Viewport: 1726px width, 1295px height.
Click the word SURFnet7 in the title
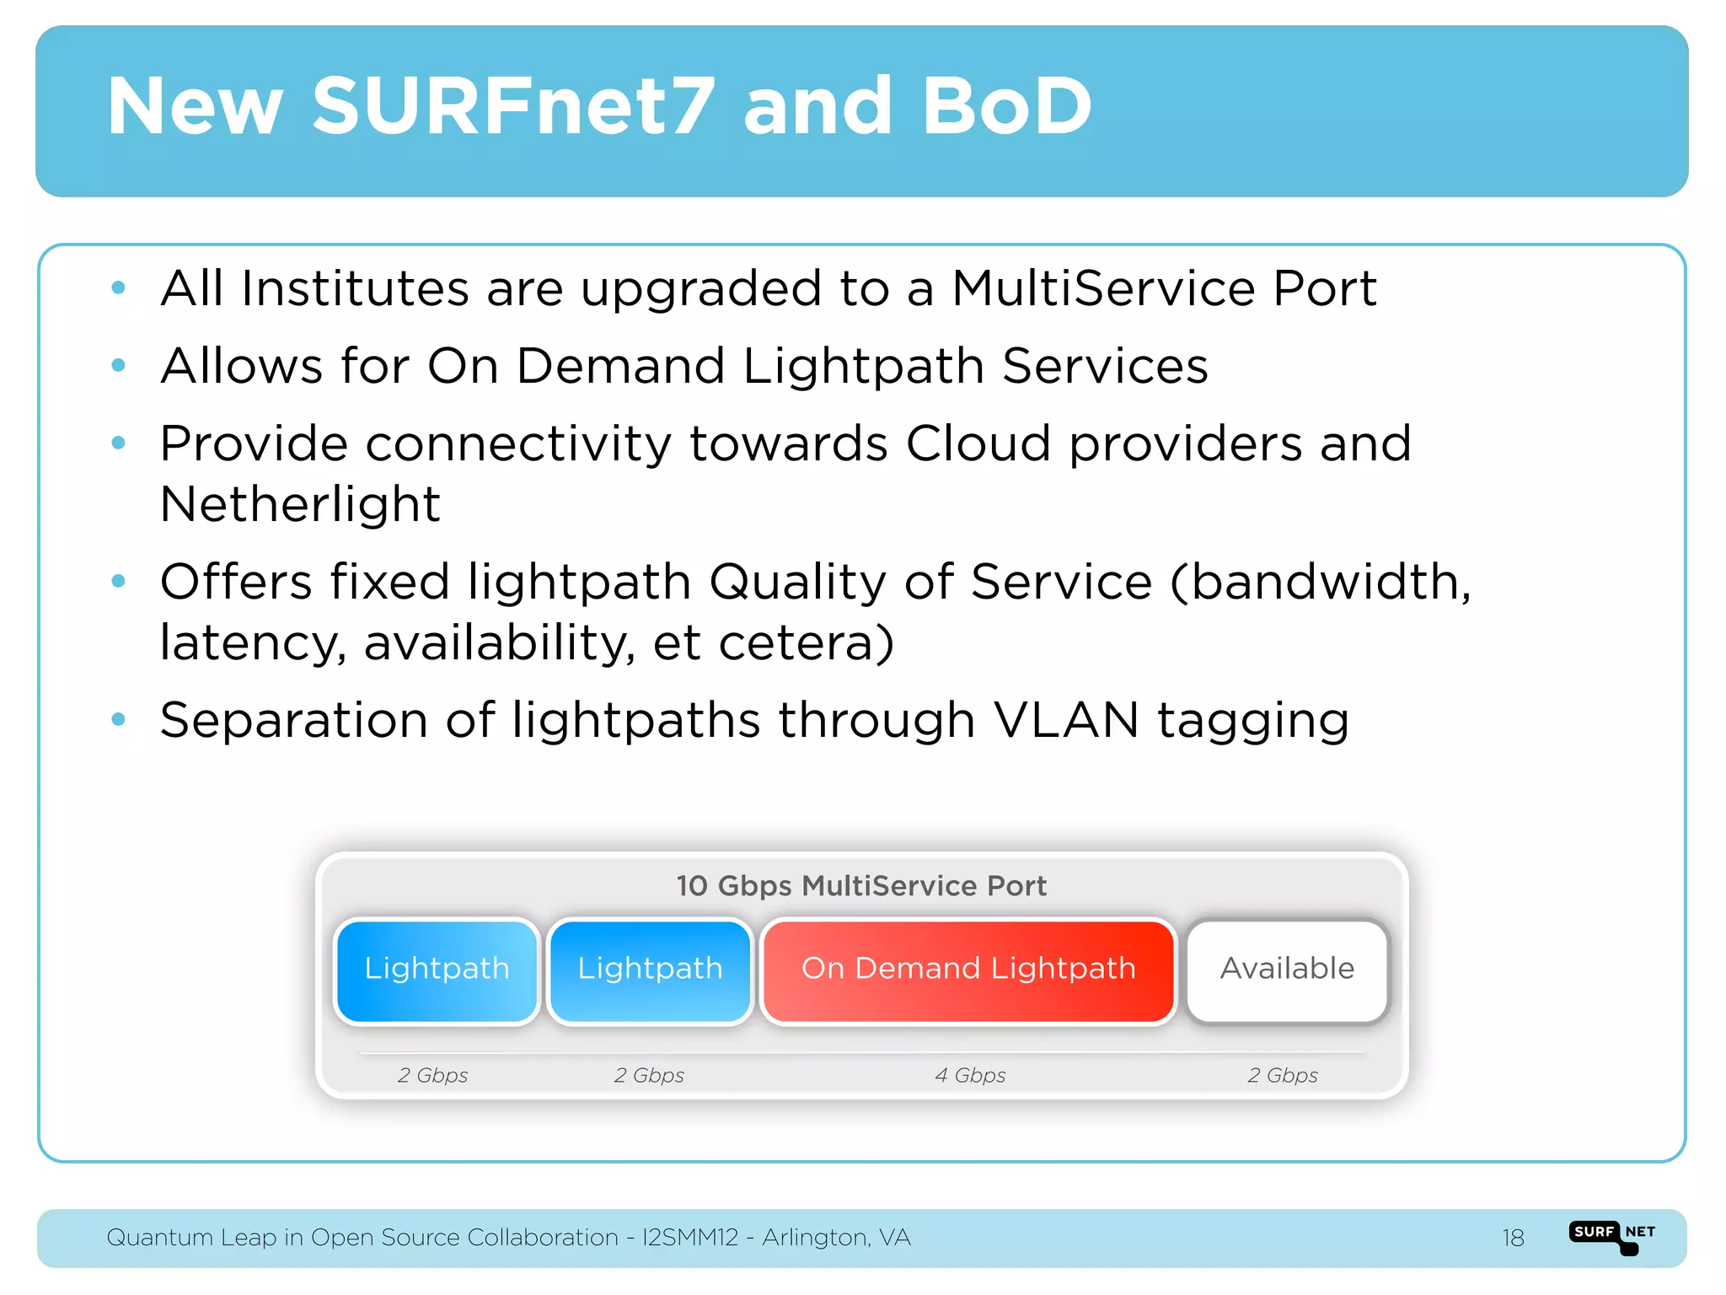pyautogui.click(x=513, y=106)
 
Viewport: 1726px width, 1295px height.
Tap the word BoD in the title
pyautogui.click(x=1006, y=106)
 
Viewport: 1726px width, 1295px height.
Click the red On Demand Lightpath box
pyautogui.click(x=968, y=969)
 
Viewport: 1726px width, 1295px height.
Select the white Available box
pyautogui.click(x=1287, y=969)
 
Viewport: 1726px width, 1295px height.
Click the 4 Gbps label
pyautogui.click(x=970, y=1075)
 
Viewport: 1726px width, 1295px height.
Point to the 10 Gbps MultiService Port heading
pyautogui.click(x=861, y=885)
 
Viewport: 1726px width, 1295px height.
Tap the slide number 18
pyautogui.click(x=1513, y=1238)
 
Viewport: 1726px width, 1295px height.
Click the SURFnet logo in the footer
pyautogui.click(x=1612, y=1236)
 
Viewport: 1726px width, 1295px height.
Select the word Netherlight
pyautogui.click(x=300, y=504)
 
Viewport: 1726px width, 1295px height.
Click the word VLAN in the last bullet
pyautogui.click(x=1066, y=720)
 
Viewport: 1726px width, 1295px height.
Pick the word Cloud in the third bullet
pyautogui.click(x=978, y=443)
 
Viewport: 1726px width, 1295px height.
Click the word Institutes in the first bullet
pyautogui.click(x=355, y=288)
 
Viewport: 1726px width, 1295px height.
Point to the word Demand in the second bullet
pyautogui.click(x=620, y=366)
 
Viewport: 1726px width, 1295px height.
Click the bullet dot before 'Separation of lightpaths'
pyautogui.click(x=119, y=719)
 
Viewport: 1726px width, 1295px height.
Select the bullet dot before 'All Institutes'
pyautogui.click(x=119, y=288)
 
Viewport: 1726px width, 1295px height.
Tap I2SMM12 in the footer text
pyautogui.click(x=690, y=1238)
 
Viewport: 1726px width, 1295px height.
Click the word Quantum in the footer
pyautogui.click(x=159, y=1238)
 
